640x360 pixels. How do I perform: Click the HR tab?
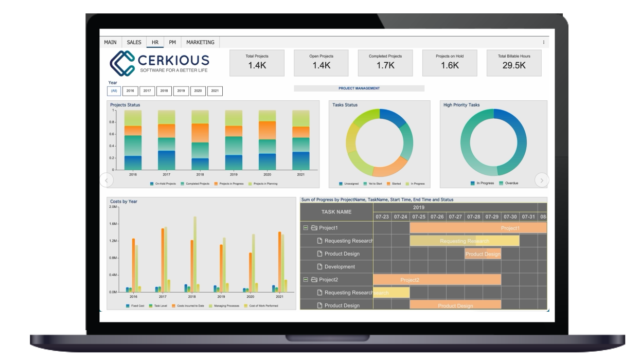click(x=154, y=42)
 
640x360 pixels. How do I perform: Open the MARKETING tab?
click(x=201, y=42)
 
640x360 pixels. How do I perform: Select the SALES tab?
click(x=134, y=42)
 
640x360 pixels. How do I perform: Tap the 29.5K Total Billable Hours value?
click(x=514, y=66)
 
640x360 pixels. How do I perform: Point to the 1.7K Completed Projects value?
click(x=385, y=66)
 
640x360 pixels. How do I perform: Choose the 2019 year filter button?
click(x=181, y=91)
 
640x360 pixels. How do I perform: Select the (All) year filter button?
click(x=114, y=91)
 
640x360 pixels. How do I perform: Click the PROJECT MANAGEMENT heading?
click(x=359, y=88)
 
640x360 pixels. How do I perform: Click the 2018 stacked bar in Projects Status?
click(x=200, y=139)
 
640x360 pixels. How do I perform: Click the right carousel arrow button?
click(x=542, y=180)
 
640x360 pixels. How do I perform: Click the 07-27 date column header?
click(x=455, y=217)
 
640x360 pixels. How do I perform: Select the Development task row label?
click(x=340, y=266)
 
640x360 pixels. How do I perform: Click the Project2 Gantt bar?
click(x=437, y=280)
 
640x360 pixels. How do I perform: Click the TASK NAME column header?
click(x=336, y=211)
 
